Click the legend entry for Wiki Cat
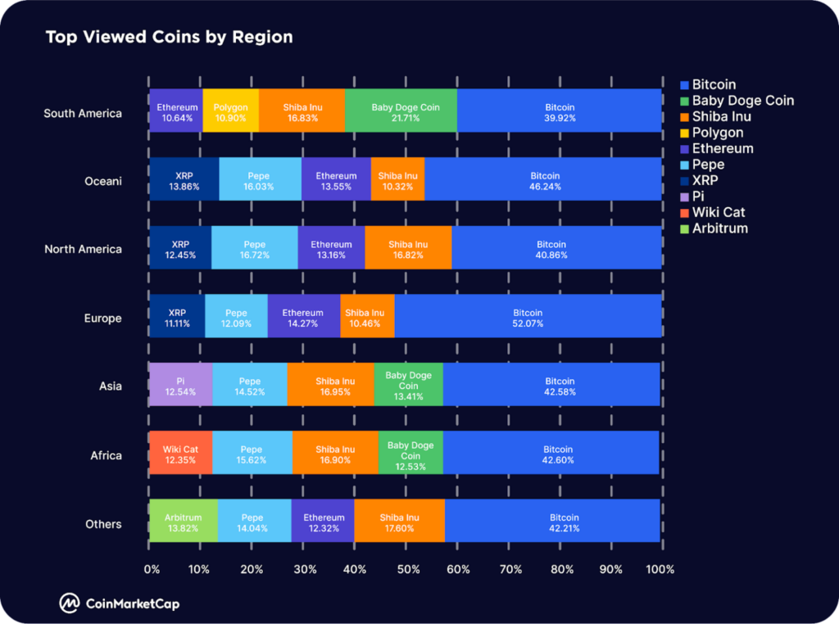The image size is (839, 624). click(719, 213)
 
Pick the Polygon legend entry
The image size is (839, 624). click(717, 133)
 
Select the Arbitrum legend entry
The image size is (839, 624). click(719, 228)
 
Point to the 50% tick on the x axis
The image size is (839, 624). click(407, 569)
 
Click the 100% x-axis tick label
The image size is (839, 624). click(660, 569)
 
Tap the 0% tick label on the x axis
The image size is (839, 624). click(152, 569)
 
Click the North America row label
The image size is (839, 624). click(83, 249)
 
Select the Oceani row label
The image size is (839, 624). click(102, 181)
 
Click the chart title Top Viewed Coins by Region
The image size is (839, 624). click(169, 37)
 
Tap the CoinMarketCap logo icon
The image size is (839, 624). click(69, 604)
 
